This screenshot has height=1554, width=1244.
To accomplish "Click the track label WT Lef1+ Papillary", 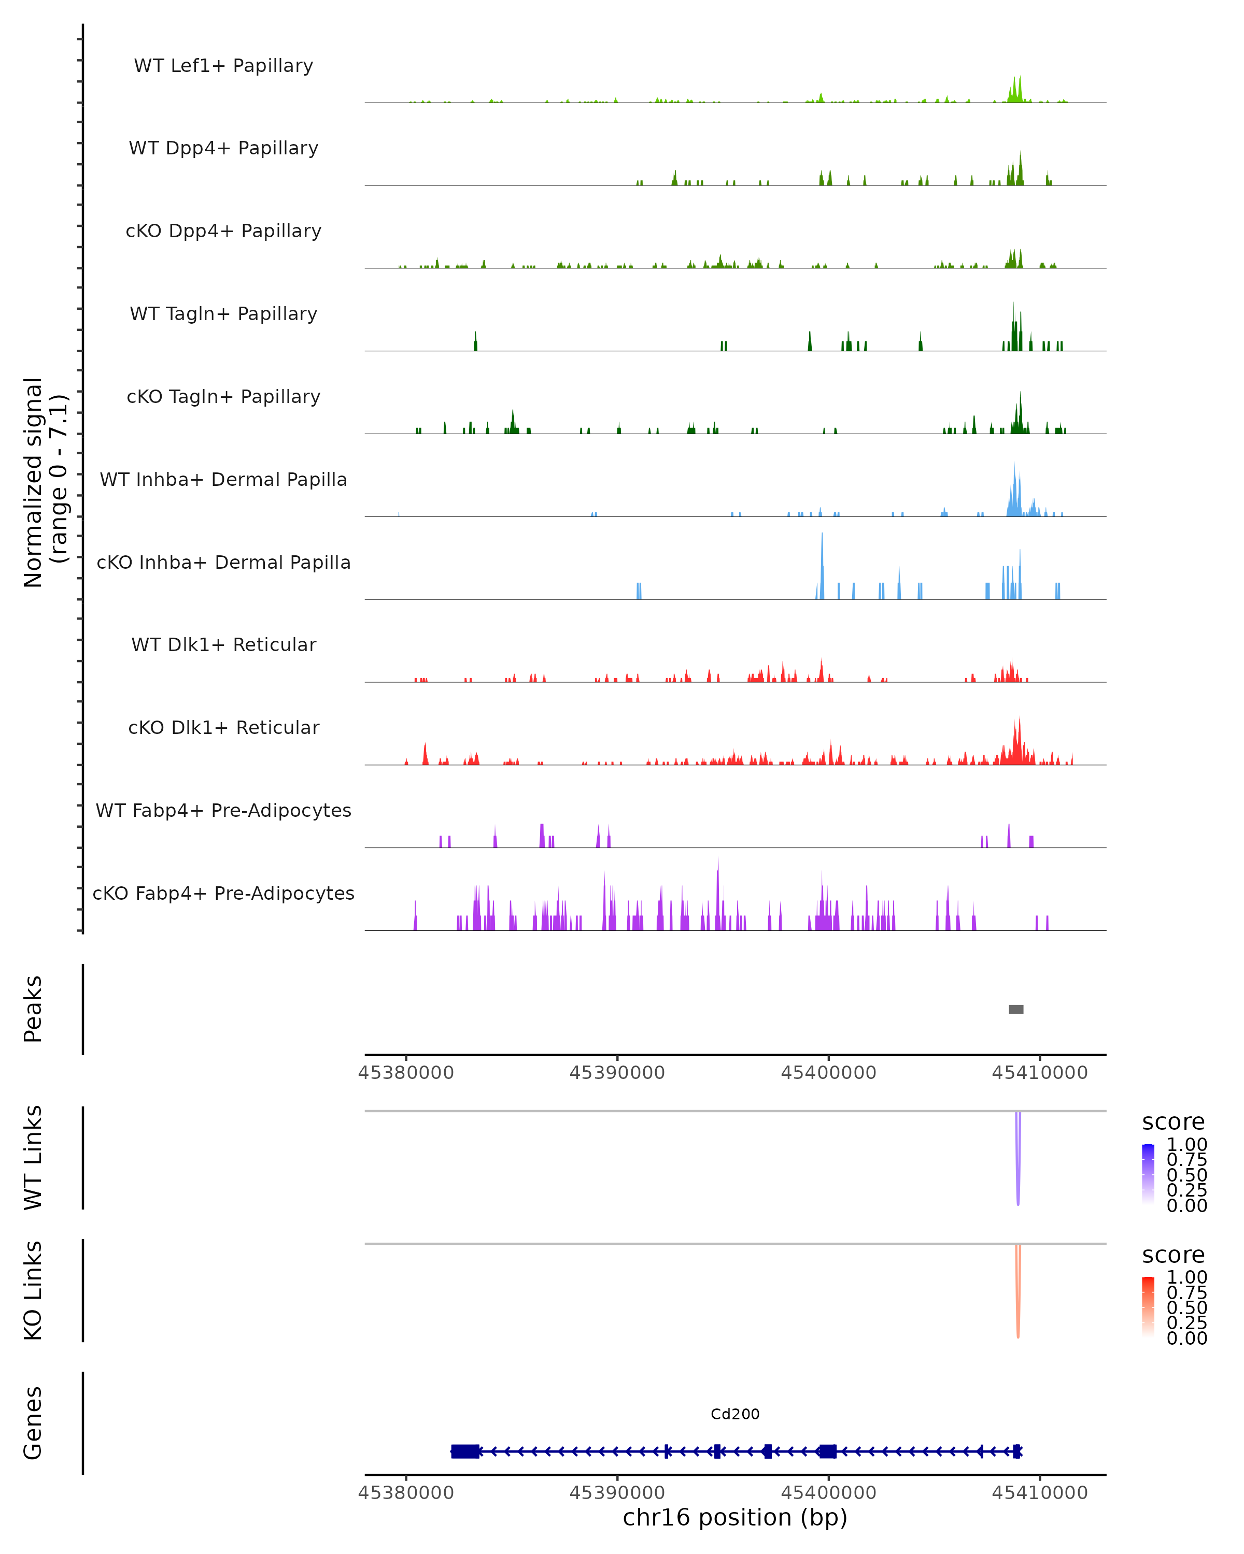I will pos(223,66).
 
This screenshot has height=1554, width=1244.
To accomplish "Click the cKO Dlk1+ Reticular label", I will pos(223,727).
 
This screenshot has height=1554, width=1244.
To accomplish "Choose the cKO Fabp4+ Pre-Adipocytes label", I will pos(223,893).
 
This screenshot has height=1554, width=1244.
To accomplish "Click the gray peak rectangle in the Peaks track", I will pos(1015,1009).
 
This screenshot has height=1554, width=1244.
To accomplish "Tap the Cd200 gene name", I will pos(735,1414).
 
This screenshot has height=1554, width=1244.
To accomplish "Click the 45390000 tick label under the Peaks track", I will pos(617,1073).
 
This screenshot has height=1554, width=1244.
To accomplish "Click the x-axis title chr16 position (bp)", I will pos(735,1517).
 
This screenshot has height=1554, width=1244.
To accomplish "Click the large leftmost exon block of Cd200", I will pos(465,1451).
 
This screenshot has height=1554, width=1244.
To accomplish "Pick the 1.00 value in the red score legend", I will pos(1186,1277).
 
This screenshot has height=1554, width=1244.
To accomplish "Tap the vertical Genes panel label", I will pos(33,1423).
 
